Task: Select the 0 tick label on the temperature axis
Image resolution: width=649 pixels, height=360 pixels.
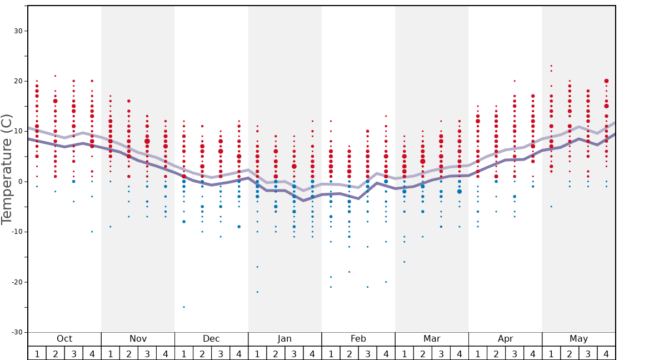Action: click(x=20, y=182)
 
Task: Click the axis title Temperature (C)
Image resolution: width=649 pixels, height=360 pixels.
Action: click(x=7, y=169)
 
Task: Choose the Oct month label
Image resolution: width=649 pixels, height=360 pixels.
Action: click(x=64, y=339)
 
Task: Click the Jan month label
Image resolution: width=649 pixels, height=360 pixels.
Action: click(x=284, y=339)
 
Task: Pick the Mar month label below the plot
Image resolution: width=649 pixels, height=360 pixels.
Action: click(x=432, y=339)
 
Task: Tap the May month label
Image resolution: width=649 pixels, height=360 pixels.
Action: click(x=578, y=339)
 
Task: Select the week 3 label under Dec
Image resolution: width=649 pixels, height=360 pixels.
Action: click(x=221, y=353)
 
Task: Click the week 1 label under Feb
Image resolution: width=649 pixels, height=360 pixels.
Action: click(x=331, y=353)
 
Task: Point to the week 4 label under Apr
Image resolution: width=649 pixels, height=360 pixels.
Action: click(x=533, y=353)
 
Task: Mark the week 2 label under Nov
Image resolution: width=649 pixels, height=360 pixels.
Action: click(x=129, y=353)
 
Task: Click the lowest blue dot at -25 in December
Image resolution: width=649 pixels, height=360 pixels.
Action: click(x=184, y=307)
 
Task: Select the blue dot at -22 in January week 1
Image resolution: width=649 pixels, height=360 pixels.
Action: click(x=257, y=292)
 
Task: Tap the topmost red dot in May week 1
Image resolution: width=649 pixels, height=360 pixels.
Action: click(x=551, y=66)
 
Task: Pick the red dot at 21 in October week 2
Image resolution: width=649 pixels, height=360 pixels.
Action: click(x=55, y=76)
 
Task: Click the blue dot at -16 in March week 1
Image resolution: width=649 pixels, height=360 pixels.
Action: click(x=404, y=262)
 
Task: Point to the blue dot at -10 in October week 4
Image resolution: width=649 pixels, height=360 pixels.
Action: click(x=92, y=232)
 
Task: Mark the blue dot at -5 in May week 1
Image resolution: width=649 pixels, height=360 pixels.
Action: click(x=551, y=207)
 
